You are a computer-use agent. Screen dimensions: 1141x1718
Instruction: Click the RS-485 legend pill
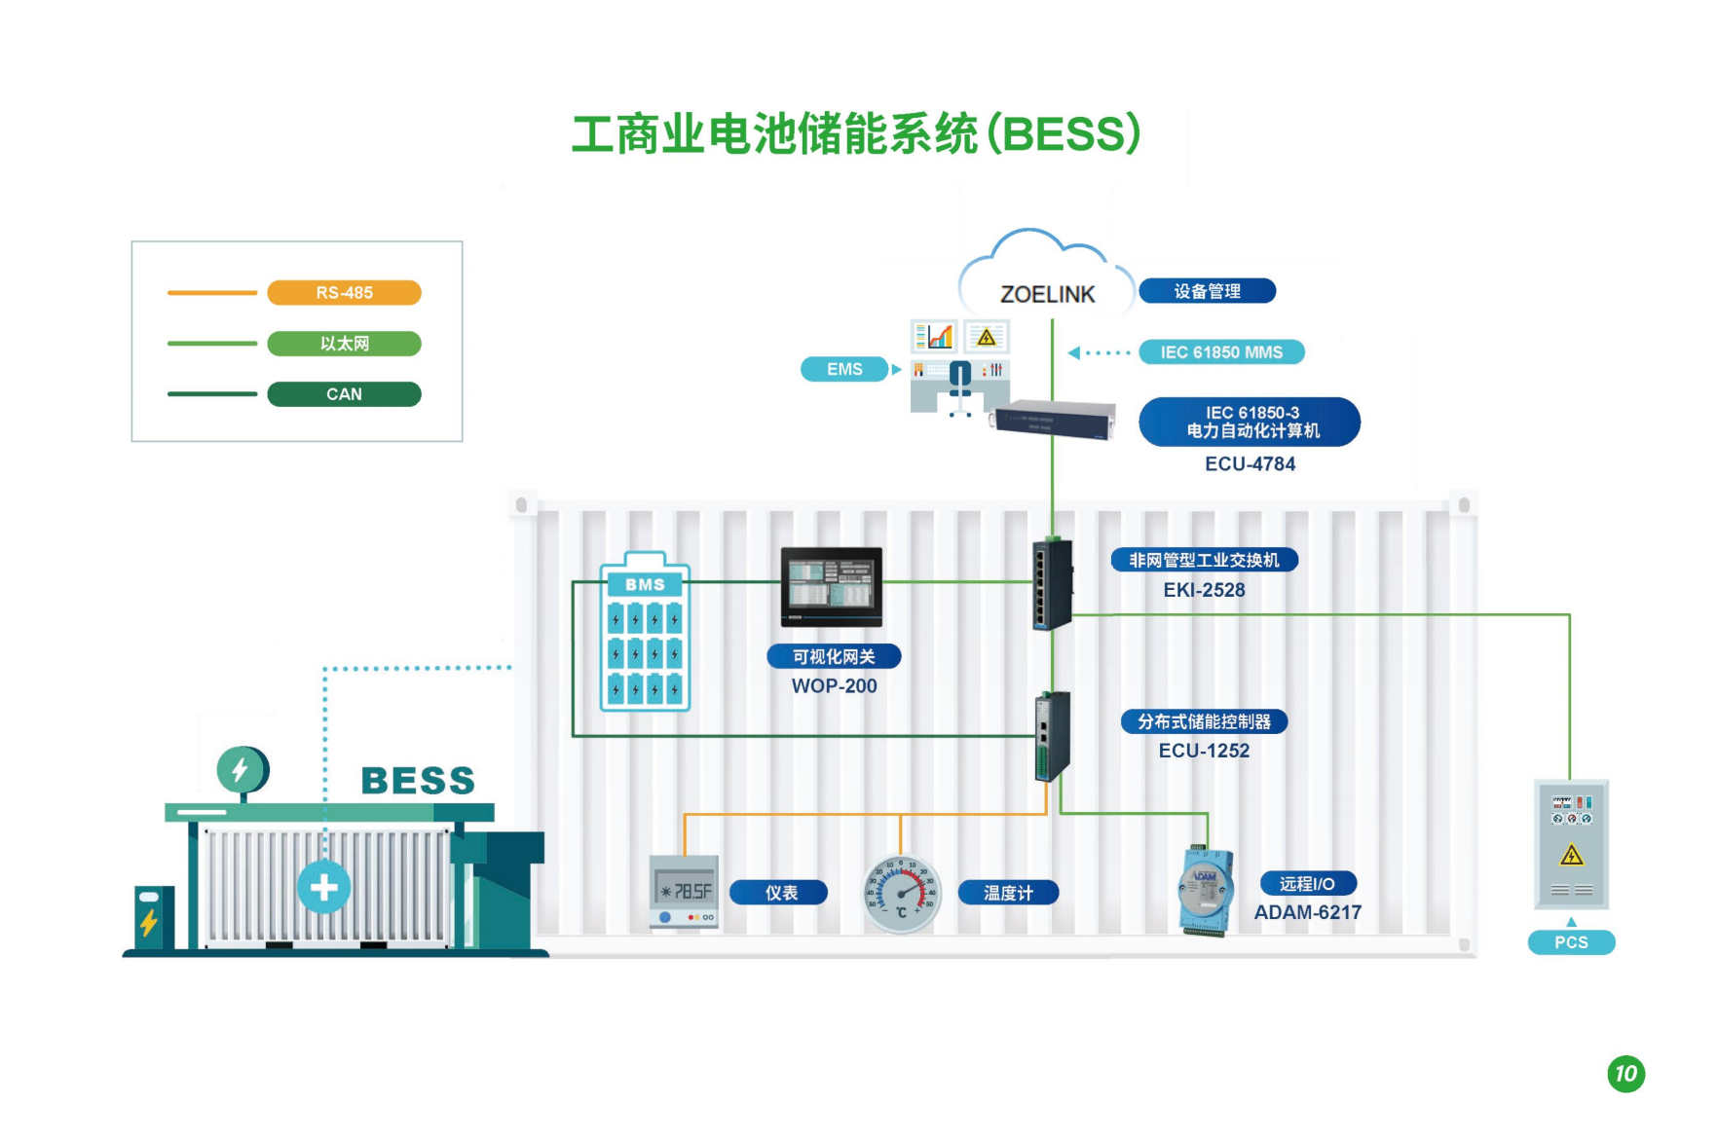point(344,292)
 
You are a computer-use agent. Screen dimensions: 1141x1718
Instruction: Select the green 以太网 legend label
point(344,344)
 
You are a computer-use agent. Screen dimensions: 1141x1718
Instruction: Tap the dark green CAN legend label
point(344,394)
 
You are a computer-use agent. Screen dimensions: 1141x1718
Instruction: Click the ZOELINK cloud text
point(1047,294)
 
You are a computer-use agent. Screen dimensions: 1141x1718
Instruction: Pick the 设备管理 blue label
point(1207,291)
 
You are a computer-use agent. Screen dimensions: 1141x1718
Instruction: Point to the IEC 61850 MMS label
point(1221,352)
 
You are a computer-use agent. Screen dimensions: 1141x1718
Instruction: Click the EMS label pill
point(844,369)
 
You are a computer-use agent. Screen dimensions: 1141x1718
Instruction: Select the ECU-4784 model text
point(1250,464)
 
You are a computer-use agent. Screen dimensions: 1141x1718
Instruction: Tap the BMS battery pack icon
point(645,633)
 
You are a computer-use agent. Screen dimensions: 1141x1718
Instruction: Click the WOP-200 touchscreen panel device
point(832,586)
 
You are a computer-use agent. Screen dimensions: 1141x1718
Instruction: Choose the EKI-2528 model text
point(1204,590)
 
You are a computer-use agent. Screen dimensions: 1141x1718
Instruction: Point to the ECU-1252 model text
point(1204,751)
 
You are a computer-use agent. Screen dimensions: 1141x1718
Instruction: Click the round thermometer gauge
point(902,894)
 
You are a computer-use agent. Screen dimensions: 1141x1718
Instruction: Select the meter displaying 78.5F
point(685,892)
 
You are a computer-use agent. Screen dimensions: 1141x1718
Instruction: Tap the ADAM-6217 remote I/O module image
point(1206,891)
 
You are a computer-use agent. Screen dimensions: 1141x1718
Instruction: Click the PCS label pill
point(1571,942)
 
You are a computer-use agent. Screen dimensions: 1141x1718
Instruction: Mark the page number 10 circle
point(1625,1074)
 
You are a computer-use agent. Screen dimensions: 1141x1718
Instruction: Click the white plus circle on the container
point(324,887)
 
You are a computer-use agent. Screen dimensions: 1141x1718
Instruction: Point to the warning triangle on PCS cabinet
point(1571,856)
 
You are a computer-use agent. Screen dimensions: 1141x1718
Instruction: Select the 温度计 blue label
point(1008,893)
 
